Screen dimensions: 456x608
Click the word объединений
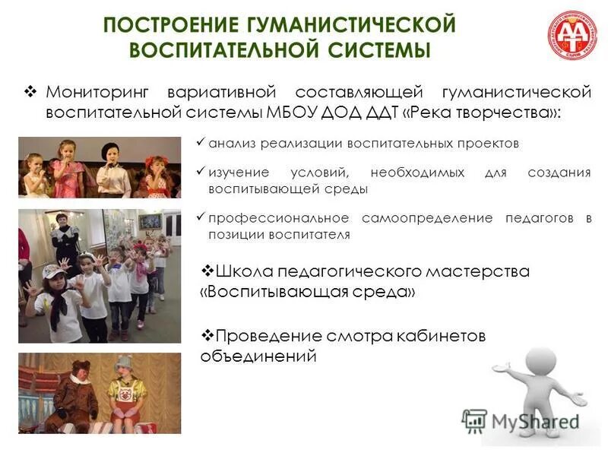(x=258, y=355)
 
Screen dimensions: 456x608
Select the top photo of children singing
(x=100, y=168)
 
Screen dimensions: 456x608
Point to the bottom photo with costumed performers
(x=100, y=393)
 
